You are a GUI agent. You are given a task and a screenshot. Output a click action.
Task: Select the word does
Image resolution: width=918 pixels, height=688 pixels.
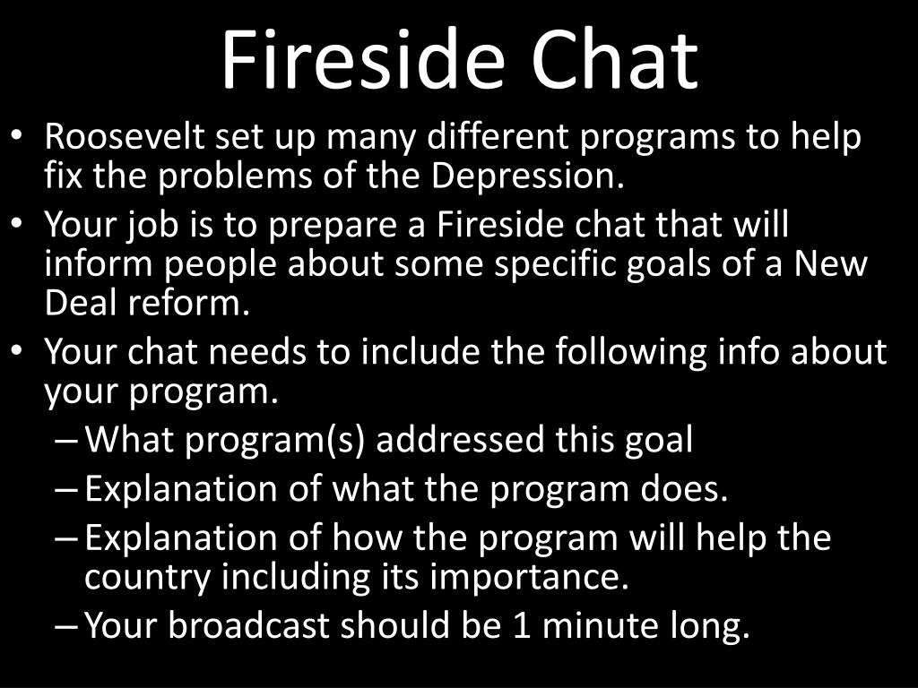(x=689, y=489)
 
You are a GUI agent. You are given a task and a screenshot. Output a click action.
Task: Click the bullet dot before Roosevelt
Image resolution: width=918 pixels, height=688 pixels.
(x=19, y=139)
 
